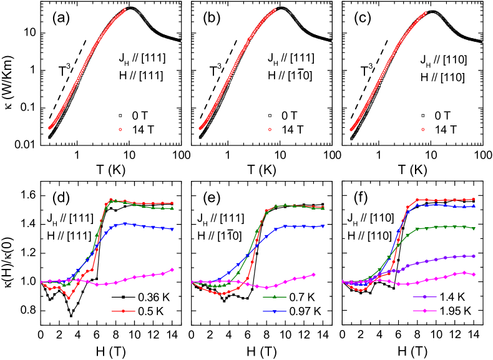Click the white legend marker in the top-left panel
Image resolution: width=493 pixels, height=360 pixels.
(x=120, y=115)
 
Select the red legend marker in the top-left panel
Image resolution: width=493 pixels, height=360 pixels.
(x=120, y=129)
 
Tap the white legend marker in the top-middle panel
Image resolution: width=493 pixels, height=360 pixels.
(x=270, y=115)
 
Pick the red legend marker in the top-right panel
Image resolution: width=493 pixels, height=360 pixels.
(x=422, y=129)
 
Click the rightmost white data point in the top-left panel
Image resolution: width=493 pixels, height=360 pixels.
(x=181, y=41)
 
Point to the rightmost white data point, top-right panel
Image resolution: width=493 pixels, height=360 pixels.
(x=482, y=42)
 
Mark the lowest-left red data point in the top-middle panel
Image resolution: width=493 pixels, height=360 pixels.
(x=200, y=129)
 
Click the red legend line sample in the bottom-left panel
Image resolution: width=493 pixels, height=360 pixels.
(x=123, y=311)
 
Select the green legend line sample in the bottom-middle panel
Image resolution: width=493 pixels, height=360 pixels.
(x=274, y=297)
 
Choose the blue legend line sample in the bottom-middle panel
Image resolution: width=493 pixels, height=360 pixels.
(x=274, y=311)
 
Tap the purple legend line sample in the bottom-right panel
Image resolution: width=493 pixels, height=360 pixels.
(x=424, y=297)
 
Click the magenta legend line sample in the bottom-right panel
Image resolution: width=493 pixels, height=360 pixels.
(x=424, y=311)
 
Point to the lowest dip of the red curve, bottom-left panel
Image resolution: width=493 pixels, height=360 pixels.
(x=69, y=298)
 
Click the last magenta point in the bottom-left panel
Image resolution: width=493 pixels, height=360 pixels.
(x=172, y=270)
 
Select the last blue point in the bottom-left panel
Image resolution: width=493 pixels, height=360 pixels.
(x=172, y=230)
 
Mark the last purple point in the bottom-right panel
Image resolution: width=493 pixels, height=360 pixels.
(x=474, y=256)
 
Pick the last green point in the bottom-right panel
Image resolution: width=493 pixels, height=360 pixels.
(x=474, y=228)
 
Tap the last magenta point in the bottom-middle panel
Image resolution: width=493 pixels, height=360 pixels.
(x=313, y=274)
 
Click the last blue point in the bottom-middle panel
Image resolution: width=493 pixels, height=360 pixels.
(x=323, y=226)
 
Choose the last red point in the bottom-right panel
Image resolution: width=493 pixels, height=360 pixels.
(x=474, y=199)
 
